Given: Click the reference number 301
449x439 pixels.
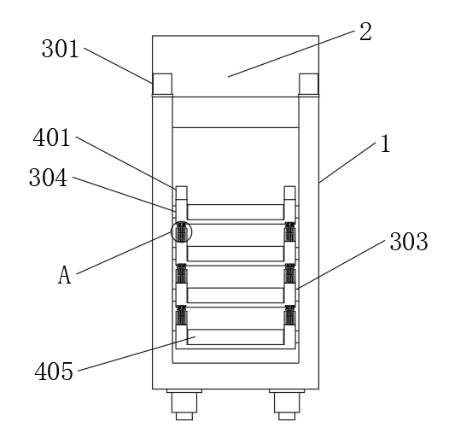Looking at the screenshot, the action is tap(60, 49).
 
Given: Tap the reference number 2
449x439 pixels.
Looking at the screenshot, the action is tap(365, 32).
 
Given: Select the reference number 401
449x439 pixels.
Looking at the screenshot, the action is tap(51, 138).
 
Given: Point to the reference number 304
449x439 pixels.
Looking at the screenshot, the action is tap(48, 178).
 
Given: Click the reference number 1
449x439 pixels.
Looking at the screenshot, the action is tap(386, 143).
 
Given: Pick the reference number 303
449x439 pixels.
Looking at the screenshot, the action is tap(409, 242).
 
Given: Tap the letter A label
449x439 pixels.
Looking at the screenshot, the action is tap(64, 274).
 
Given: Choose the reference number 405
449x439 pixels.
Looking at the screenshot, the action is tap(54, 371).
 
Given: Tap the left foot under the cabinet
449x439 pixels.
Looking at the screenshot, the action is tap(184, 404).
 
